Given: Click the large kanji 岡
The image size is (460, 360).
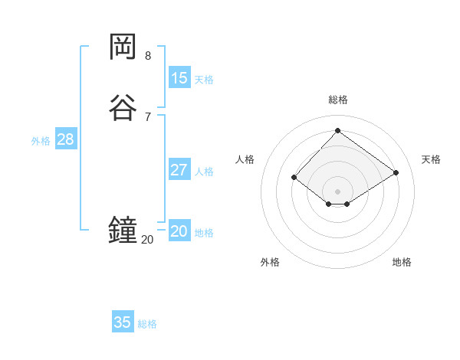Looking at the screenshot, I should click(123, 47).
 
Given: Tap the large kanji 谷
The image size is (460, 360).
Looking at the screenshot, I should click(123, 108).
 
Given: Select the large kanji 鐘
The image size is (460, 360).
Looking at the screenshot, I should click(123, 230).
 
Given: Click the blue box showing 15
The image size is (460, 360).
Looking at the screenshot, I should click(179, 77).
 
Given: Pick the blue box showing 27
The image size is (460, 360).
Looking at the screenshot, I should click(179, 169).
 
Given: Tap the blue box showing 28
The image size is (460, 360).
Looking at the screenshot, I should click(65, 139).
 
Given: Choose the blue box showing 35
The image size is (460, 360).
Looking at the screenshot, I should click(123, 322).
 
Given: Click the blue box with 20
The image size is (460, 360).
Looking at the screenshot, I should click(179, 231).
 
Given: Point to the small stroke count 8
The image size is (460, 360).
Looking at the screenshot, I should click(147, 56).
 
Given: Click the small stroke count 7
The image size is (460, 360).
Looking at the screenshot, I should click(147, 117).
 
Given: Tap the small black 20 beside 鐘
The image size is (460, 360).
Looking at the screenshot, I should click(147, 240).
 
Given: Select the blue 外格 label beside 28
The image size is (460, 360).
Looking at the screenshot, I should click(41, 141).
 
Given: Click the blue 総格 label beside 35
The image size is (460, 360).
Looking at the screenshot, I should click(147, 324).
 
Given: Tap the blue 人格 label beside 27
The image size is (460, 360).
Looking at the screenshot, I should click(204, 172).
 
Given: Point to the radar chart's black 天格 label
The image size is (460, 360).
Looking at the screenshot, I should click(431, 159).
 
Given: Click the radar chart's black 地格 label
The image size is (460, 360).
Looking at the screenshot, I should click(402, 262).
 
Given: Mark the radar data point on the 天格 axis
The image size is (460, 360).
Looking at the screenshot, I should click(396, 172).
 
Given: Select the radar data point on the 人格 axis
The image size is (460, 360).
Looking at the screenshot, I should click(294, 177).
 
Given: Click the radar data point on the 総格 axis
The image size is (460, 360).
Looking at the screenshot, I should click(337, 130).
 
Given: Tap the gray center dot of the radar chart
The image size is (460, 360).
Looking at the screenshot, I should click(337, 190).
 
